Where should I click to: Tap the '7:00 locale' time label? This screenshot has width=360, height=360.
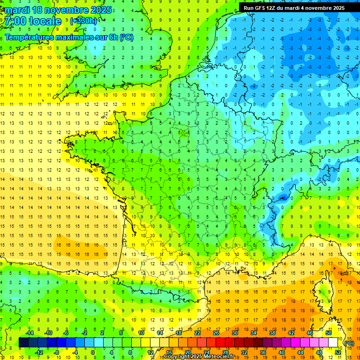[x=33, y=21]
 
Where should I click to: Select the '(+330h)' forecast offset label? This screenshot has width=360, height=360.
[x=83, y=21]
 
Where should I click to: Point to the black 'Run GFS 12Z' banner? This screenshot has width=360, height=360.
[x=294, y=7]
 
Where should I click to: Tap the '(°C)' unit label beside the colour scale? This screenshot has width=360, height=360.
[x=349, y=343]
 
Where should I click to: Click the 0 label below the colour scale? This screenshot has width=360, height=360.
[x=93, y=352]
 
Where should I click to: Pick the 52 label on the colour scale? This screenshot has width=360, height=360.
[x=338, y=352]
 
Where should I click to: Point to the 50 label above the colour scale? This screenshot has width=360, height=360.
[x=329, y=333]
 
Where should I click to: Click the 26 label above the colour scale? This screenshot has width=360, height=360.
[x=216, y=333]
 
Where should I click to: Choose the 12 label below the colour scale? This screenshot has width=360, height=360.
[x=150, y=352]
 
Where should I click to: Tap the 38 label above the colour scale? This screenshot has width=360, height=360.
[x=272, y=333]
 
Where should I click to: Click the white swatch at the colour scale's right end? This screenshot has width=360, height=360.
[x=333, y=343]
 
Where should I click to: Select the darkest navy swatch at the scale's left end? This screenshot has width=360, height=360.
[x=23, y=343]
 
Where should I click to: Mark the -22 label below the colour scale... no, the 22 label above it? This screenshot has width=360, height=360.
[x=197, y=333]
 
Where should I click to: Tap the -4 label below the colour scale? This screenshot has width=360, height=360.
[x=75, y=352]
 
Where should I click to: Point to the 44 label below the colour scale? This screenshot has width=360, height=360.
[x=300, y=352]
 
